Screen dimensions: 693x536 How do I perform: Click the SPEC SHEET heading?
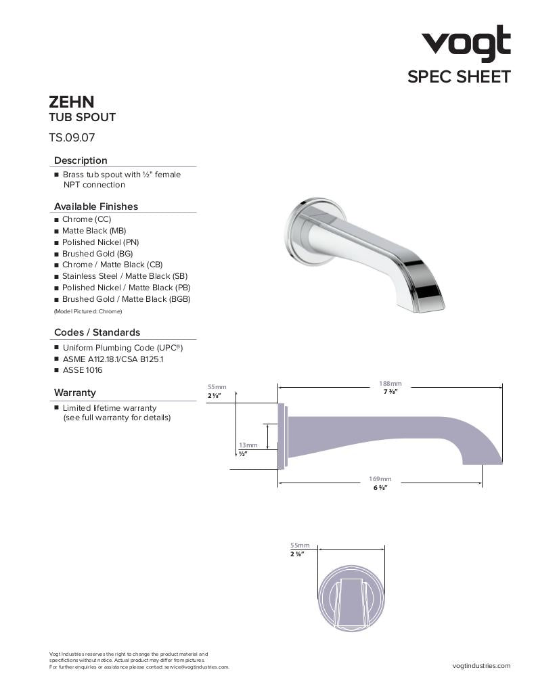click(x=458, y=76)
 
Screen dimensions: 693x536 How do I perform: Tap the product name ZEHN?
click(x=71, y=102)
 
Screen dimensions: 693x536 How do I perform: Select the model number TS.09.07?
click(x=72, y=137)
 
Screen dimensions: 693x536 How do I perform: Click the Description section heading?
click(x=81, y=160)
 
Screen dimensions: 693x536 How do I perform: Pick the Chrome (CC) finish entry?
click(x=87, y=219)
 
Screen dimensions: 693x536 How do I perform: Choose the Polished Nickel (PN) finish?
click(x=100, y=242)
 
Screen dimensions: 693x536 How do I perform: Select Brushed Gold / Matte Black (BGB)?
click(x=126, y=299)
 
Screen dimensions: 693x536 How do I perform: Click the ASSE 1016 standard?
click(x=83, y=370)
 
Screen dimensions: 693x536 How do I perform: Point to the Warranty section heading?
click(x=75, y=393)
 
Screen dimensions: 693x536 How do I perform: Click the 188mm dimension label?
click(x=390, y=384)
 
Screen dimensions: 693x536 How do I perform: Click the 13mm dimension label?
click(x=248, y=445)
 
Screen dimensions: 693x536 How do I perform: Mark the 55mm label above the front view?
click(x=299, y=545)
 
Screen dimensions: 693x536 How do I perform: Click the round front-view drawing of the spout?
click(x=351, y=596)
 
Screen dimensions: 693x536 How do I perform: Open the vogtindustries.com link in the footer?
click(x=481, y=666)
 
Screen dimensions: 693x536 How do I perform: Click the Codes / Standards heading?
click(x=97, y=332)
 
